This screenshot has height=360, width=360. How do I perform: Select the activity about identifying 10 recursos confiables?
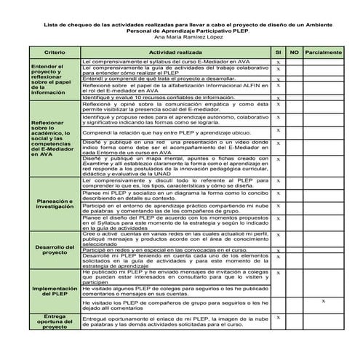pos(153,97)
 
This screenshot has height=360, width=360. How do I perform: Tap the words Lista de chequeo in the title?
pos(66,23)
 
